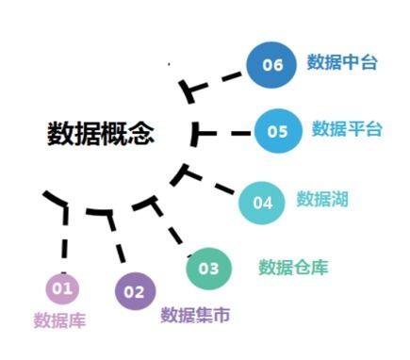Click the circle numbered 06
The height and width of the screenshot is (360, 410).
[272, 64]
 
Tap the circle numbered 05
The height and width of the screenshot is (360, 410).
[277, 131]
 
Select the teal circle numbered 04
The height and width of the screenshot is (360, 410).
[262, 203]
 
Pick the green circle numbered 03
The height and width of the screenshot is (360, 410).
[208, 269]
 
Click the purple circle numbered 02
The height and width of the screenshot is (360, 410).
[135, 291]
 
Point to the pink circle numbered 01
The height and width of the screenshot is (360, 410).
[62, 287]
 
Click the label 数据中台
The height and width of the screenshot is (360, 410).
[342, 63]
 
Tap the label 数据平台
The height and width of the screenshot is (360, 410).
[347, 129]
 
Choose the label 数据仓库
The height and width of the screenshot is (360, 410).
[293, 268]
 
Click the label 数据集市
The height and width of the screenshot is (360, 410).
[195, 315]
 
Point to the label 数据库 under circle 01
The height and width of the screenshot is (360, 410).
[59, 320]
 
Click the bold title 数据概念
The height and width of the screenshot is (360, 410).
[101, 133]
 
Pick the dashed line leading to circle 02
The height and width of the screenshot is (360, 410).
[117, 241]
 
